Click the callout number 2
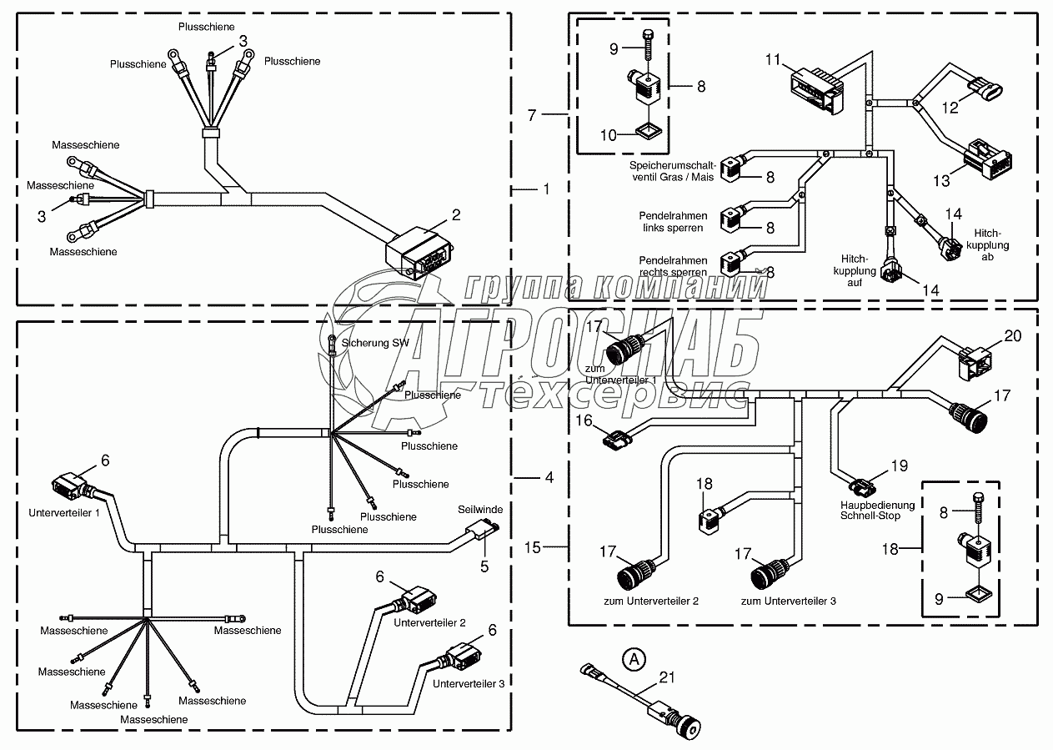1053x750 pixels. tap(456, 215)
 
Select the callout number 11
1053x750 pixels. tap(773, 59)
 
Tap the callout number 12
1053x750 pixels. tap(950, 107)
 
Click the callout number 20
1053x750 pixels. tap(1012, 336)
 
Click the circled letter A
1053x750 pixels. tap(634, 659)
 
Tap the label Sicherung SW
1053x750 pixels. tap(373, 342)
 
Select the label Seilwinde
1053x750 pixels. tap(480, 509)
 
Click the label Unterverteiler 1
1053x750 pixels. tap(63, 512)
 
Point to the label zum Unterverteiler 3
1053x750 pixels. tap(788, 601)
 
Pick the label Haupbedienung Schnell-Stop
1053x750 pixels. tap(877, 510)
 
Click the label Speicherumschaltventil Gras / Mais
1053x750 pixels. tap(671, 171)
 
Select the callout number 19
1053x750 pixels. tap(899, 466)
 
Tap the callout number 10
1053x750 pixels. tap(610, 134)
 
